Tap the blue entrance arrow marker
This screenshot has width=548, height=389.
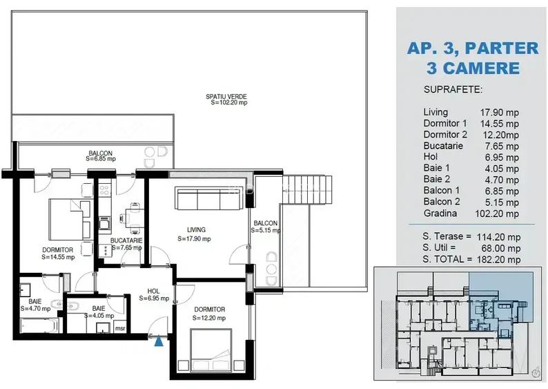pyautogui.click(x=160, y=340)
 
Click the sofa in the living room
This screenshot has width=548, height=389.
pyautogui.click(x=210, y=199)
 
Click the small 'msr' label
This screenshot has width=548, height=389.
pyautogui.click(x=119, y=328)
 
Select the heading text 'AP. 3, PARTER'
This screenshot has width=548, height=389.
pyautogui.click(x=472, y=48)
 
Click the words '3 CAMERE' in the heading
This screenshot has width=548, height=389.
pyautogui.click(x=473, y=68)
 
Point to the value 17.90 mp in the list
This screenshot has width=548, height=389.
pyautogui.click(x=499, y=112)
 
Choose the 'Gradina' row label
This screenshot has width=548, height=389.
pyautogui.click(x=440, y=214)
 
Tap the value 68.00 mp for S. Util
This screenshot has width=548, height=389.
pyautogui.click(x=500, y=248)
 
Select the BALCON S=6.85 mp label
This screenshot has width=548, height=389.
pyautogui.click(x=99, y=156)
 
